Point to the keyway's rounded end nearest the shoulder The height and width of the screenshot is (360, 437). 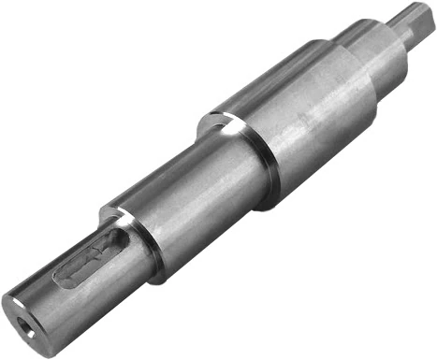119,241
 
